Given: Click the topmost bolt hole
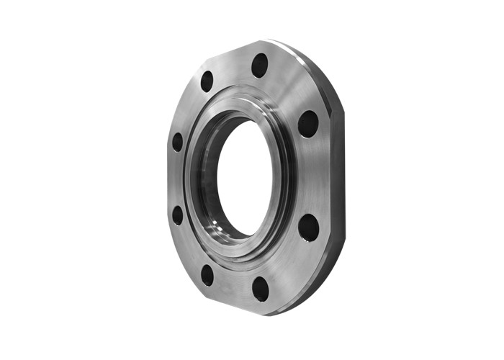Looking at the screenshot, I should pyautogui.click(x=260, y=66).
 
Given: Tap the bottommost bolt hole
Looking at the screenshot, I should pyautogui.click(x=260, y=288).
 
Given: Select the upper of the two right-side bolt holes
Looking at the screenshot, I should pyautogui.click(x=308, y=124).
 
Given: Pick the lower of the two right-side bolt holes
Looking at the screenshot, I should pyautogui.click(x=308, y=228).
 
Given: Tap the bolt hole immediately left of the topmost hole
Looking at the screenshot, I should pyautogui.click(x=207, y=81).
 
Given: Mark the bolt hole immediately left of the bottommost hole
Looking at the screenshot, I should pyautogui.click(x=207, y=274).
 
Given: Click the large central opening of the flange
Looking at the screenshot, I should pyautogui.click(x=245, y=177).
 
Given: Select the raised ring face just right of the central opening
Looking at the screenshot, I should pyautogui.click(x=286, y=176).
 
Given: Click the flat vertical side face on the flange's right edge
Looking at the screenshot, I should pyautogui.click(x=337, y=176).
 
